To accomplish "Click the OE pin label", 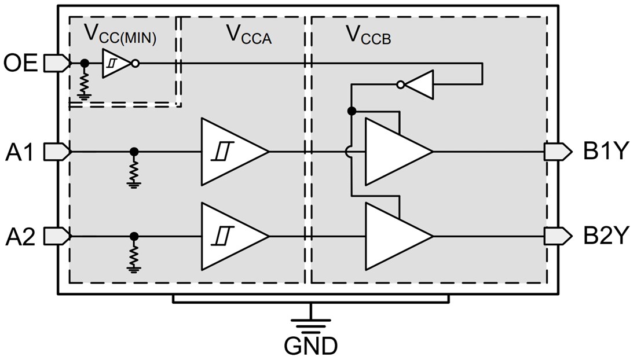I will pos(21,63).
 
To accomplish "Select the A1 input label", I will pos(21,152).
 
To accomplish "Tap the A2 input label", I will pos(21,236).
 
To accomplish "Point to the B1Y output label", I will pos(605,152).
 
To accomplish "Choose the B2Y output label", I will pos(605,236).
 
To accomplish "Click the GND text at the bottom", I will pos(310,346).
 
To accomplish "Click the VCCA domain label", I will pos(248,36).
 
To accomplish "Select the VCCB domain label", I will pos(368,36).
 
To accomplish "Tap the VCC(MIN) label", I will pos(120,34).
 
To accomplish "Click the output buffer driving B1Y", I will pos(396,152).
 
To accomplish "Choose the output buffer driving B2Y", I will pos(396,236).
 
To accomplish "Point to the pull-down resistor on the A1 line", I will pos(134,172).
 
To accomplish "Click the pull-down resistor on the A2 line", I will pos(134,256).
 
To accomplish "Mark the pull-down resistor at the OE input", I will pos(85,83).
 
